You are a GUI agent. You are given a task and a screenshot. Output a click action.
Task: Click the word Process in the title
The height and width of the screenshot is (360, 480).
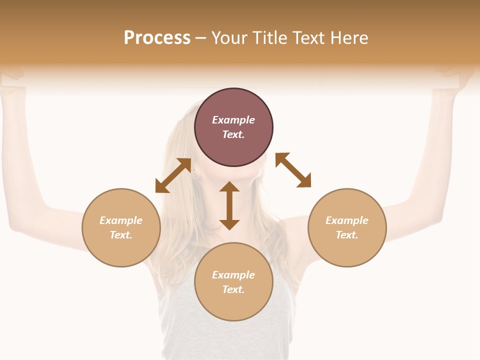click(157, 38)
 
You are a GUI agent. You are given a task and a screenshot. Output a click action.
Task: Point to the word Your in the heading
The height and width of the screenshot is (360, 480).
click(230, 38)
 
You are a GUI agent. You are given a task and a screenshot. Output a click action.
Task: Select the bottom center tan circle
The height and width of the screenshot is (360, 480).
click(233, 305)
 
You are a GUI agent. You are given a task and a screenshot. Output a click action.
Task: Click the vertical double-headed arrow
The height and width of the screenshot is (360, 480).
click(229, 205)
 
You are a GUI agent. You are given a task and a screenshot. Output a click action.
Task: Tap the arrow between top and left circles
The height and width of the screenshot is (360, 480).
click(173, 175)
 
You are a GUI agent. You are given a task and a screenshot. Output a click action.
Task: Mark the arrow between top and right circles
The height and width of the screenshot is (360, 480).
click(293, 170)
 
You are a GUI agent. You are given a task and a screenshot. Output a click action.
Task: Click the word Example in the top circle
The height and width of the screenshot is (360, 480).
click(233, 120)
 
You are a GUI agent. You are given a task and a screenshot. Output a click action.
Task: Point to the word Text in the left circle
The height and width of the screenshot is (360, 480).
click(121, 235)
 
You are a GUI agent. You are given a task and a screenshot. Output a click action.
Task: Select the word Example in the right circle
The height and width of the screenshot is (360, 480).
click(347, 220)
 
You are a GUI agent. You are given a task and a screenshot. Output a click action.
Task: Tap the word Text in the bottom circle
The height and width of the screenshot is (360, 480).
click(233, 289)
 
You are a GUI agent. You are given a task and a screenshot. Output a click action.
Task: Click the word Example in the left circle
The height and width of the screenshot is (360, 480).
click(121, 220)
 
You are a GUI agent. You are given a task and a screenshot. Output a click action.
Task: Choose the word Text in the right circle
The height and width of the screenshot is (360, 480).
click(347, 235)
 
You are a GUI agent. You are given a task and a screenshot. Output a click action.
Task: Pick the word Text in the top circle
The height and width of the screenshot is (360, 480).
click(233, 134)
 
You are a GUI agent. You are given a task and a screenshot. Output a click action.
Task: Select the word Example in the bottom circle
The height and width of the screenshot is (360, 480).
click(233, 275)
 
